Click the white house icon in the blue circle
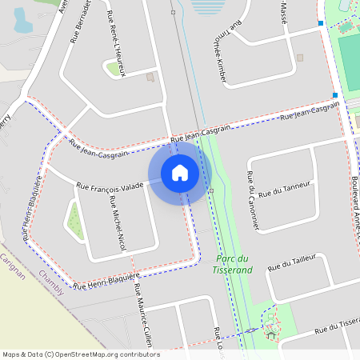(180, 172)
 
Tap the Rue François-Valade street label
(110, 186)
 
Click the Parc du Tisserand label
(233, 263)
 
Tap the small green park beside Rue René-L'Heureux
(112, 69)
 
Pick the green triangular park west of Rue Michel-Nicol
(75, 222)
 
